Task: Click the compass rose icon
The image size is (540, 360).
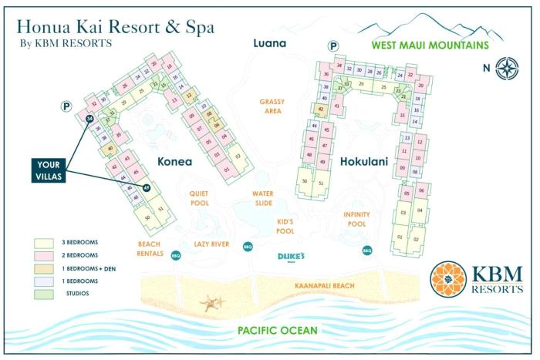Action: point(507,67)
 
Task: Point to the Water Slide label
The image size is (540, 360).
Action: point(264,199)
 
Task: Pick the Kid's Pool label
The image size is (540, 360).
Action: point(285,227)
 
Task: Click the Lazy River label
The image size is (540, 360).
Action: point(212,244)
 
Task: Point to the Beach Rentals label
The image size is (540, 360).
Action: point(149,248)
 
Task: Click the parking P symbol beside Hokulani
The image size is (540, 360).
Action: point(333,47)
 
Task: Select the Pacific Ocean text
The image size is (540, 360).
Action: point(278,331)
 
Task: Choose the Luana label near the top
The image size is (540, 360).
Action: point(270,43)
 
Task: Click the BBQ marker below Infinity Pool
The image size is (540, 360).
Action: point(367,251)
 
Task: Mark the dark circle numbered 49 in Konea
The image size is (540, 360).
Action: point(147,187)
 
